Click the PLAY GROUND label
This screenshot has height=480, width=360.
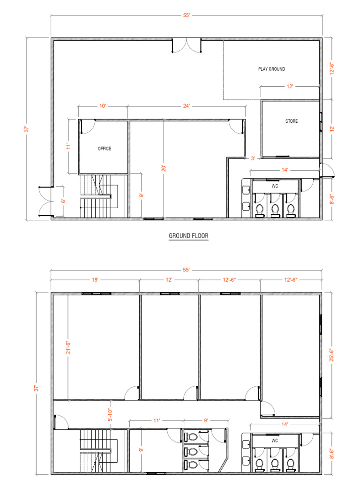point(271,69)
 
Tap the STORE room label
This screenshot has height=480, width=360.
point(291,121)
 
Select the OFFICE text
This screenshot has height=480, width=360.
point(105,149)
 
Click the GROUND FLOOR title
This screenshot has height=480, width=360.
point(188,237)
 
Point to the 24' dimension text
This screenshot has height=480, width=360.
point(187,106)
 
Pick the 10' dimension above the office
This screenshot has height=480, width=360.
point(102,106)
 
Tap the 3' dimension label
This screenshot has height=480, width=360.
point(253,158)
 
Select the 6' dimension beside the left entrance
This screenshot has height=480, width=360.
point(64,201)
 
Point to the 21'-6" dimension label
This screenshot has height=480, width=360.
point(69,347)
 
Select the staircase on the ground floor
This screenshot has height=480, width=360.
point(98,197)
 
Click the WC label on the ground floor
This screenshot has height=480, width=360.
point(275,186)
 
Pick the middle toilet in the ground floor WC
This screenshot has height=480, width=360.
point(275,210)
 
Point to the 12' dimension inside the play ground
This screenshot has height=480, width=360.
point(290,87)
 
